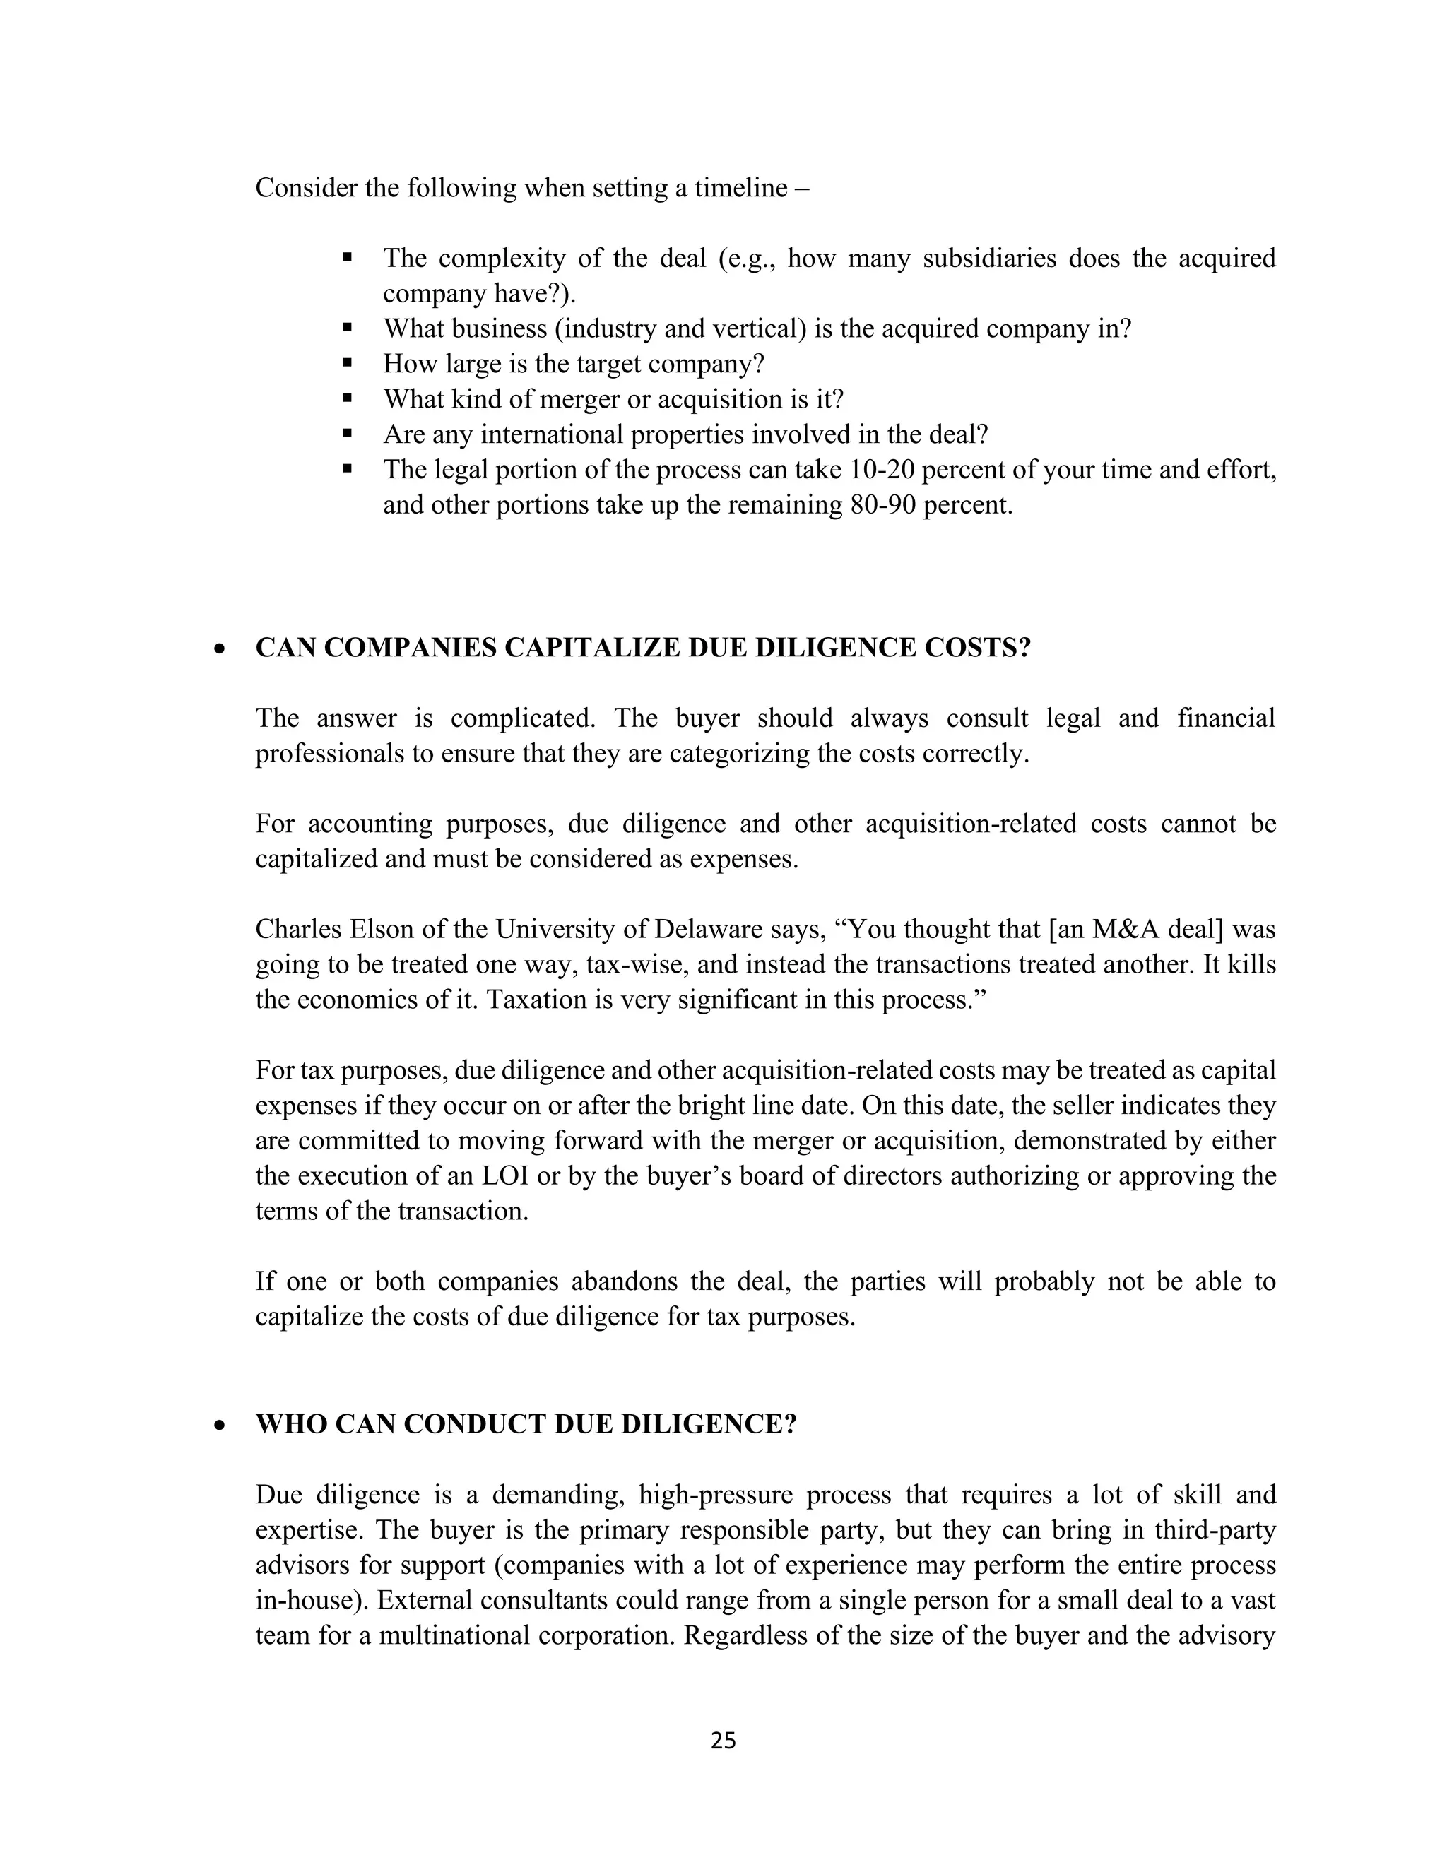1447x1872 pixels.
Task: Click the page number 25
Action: pos(723,1741)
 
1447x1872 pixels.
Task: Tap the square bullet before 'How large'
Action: pos(347,363)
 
